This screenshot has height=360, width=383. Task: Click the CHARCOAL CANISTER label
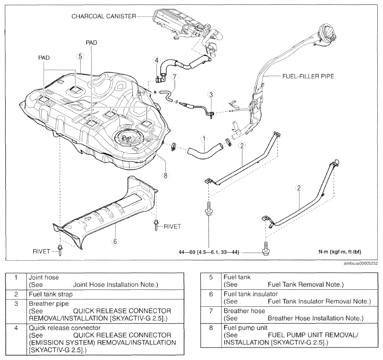[x=104, y=16]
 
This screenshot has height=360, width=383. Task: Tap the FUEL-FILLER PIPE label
[x=308, y=76]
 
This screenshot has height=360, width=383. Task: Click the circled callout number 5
[x=80, y=56]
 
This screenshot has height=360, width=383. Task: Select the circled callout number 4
[x=157, y=60]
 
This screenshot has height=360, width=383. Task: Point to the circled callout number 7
[x=174, y=77]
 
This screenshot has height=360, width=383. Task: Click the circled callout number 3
[x=211, y=94]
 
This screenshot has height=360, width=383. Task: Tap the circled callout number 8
[x=165, y=175]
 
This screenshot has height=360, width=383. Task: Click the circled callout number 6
[x=115, y=241]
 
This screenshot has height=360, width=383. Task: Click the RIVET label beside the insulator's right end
[x=173, y=226]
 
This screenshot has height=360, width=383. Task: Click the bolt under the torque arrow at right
[x=265, y=249]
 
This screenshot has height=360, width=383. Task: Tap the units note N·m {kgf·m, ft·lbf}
[x=340, y=252]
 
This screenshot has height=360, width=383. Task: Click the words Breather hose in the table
[x=244, y=311]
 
